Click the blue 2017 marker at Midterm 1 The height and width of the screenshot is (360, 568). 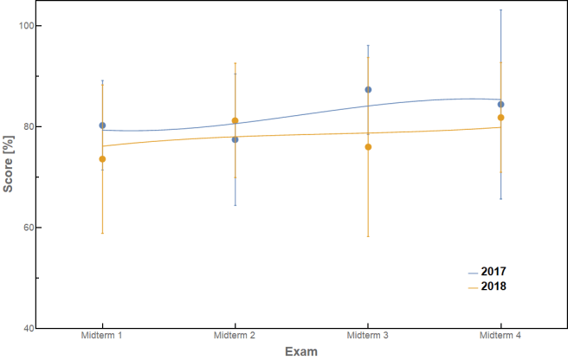[x=102, y=125]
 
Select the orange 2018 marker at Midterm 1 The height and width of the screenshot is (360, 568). [x=102, y=159]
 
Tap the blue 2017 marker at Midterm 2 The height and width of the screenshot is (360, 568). [x=235, y=139]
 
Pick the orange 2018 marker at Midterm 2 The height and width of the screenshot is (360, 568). [x=235, y=121]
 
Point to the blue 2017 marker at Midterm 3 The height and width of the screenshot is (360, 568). [x=368, y=90]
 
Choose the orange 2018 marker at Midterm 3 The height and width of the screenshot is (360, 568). [x=368, y=147]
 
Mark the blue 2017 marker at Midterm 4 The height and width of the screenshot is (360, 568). [x=500, y=105]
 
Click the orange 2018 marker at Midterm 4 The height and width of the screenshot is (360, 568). [x=500, y=118]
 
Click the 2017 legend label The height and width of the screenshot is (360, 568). [x=493, y=271]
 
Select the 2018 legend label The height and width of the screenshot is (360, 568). [x=493, y=286]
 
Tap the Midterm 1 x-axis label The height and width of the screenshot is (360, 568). [x=102, y=335]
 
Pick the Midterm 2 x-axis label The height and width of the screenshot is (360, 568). [x=235, y=335]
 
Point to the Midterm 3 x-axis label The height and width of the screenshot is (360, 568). [x=368, y=335]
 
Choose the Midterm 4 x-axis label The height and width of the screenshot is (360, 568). [x=500, y=335]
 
